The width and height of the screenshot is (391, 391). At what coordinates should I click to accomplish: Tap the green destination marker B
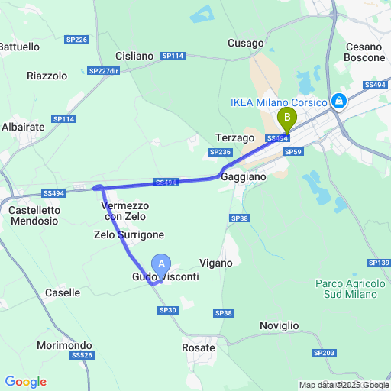pos(287,118)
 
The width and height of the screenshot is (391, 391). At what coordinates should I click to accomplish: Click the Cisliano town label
pos(134,56)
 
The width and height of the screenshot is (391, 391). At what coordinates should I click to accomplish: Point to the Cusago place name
pos(245,44)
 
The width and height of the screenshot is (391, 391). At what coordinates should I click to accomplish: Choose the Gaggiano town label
pos(244,176)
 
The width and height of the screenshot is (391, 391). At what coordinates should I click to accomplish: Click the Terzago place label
pos(234,137)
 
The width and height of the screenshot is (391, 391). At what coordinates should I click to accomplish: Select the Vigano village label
pos(215,262)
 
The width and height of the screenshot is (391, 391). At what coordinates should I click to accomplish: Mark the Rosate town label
pos(199,347)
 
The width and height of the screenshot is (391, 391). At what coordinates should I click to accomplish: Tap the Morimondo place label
pos(64,345)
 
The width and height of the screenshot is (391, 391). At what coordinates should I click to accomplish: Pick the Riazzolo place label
pos(47,76)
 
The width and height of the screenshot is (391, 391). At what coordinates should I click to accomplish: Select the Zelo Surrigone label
pos(129,234)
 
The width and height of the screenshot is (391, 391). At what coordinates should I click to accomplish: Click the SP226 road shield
pos(78,39)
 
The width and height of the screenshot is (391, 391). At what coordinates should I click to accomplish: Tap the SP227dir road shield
pos(105,71)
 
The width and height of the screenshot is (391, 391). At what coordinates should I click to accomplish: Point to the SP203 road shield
pos(324,353)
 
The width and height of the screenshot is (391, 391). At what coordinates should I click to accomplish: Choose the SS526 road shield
pos(81,356)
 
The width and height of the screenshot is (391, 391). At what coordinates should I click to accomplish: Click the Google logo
pos(25,382)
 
